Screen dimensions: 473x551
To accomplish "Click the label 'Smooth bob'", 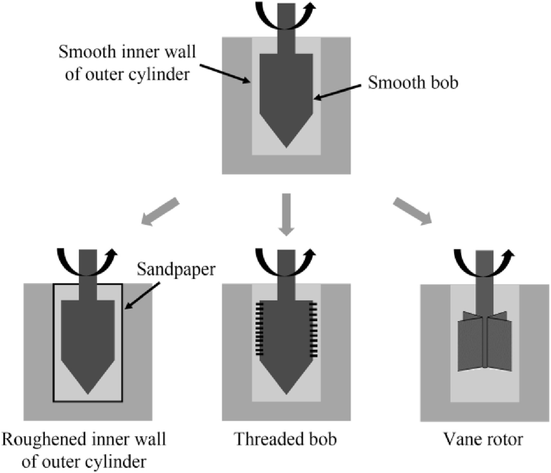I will tap(413, 83).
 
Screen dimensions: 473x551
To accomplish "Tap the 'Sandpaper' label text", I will tap(176, 269).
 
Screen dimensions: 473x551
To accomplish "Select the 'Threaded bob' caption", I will tap(286, 439).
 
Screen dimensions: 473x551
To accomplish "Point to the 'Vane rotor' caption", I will tap(483, 439).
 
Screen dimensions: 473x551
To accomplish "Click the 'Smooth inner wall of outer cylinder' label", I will tap(127, 63).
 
